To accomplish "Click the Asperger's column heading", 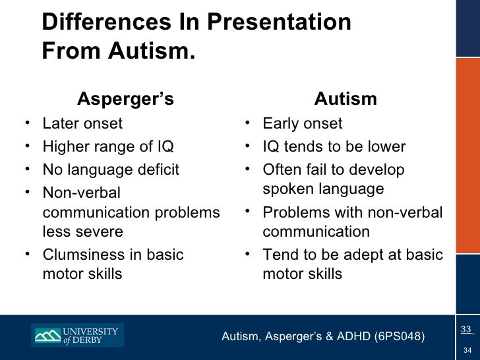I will coord(125,99).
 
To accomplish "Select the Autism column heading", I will coord(345,99).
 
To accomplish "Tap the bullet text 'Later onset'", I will coord(82,123).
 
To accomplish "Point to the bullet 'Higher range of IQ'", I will coord(108,146).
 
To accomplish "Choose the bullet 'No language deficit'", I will coord(111,169).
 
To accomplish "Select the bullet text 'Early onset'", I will coord(302,123).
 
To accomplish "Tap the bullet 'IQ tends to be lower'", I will coord(334,146).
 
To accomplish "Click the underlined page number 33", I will coord(465,329).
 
